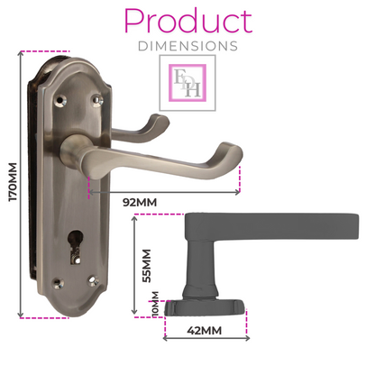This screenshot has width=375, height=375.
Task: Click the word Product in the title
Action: point(187,21)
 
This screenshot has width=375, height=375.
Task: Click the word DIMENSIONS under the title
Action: point(187,44)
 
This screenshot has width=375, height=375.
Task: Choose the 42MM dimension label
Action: point(206,331)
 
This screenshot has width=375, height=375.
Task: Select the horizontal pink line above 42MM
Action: point(205,320)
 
